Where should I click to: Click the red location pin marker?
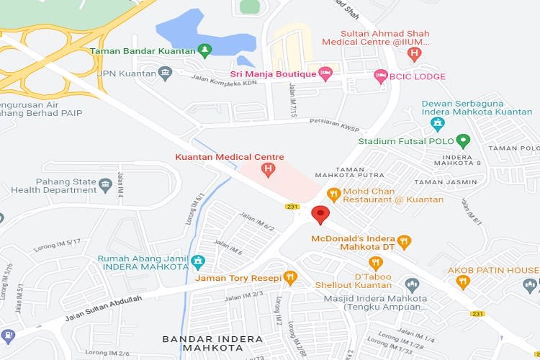(x=320, y=215)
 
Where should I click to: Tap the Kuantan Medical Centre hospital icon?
(x=268, y=171)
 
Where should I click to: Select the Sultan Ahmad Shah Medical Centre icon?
(x=414, y=53)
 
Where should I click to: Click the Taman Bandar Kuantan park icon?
(x=205, y=50)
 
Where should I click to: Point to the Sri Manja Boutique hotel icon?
(x=325, y=73)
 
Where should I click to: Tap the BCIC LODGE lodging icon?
(x=380, y=76)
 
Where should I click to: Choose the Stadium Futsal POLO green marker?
(x=464, y=141)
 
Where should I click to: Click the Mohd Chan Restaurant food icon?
(x=333, y=194)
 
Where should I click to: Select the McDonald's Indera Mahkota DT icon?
(x=405, y=243)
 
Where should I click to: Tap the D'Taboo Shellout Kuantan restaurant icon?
(x=375, y=264)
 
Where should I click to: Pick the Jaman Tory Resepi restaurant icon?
(x=290, y=277)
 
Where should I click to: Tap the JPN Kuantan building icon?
(x=166, y=73)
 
